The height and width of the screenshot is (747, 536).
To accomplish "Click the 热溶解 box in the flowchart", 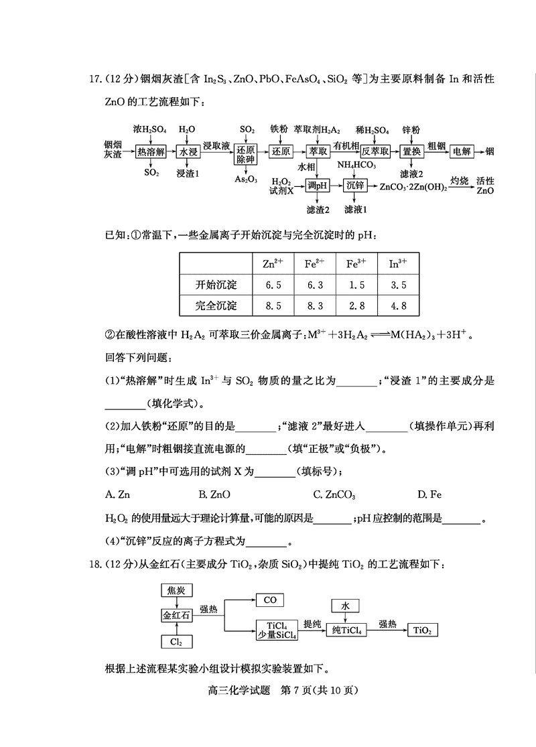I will pos(150,152).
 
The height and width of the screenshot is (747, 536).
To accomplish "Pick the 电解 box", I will pos(462,152).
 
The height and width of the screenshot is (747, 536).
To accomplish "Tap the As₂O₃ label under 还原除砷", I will pos(246,180).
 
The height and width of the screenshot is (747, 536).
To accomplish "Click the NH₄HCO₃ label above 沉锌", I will pos(356,165).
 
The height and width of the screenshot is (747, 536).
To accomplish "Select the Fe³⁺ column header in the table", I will pos(356,263).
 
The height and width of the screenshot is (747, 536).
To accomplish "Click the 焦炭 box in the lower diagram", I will pos(176,590).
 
